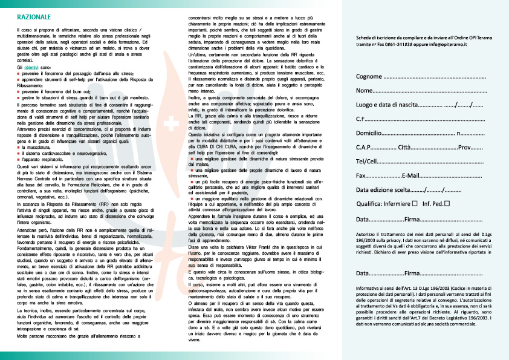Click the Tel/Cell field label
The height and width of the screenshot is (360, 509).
tap(367, 162)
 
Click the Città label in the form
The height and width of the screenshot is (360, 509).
tap(405, 148)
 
